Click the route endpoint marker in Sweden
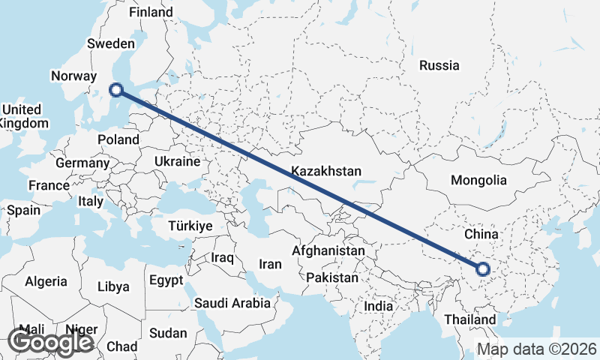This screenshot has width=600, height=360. (x=115, y=90)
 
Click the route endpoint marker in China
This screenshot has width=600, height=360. (x=482, y=268)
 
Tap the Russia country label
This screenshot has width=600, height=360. (x=439, y=65)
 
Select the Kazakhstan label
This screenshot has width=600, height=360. (x=327, y=170)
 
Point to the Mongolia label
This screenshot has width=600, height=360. (x=478, y=180)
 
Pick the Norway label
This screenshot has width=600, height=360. (x=73, y=76)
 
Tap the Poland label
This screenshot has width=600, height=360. (x=118, y=139)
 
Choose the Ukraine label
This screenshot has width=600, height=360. (x=177, y=161)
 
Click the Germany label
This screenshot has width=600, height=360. (x=82, y=163)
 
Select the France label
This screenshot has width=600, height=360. (x=49, y=185)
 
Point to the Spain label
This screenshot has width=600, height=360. (x=23, y=210)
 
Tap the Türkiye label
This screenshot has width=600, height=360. (x=190, y=226)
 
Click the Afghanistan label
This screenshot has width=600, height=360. (x=328, y=250)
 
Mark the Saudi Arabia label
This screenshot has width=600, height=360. (x=232, y=304)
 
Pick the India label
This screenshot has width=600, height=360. (x=378, y=307)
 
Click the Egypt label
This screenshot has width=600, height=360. (x=166, y=280)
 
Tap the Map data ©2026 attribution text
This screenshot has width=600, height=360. (x=536, y=349)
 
